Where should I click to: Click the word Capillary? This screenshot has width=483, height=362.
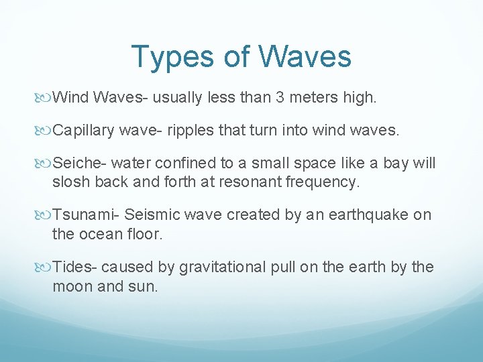[x=83, y=131]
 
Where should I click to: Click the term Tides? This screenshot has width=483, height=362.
[x=74, y=267]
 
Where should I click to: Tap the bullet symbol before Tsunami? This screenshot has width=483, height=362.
[x=46, y=216]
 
